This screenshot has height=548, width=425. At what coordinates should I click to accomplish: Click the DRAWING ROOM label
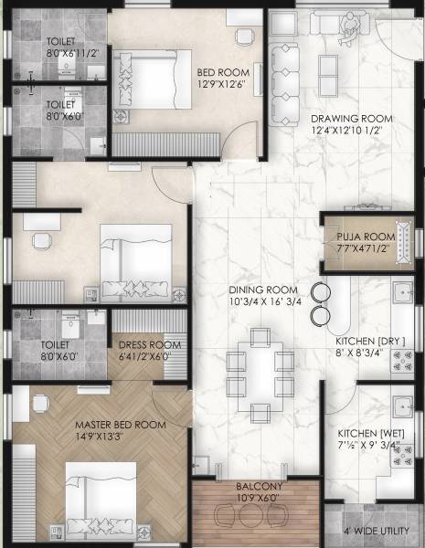[351, 119]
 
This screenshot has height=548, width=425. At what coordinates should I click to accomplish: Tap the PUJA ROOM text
[363, 236]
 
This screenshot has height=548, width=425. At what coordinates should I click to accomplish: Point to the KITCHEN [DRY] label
[370, 341]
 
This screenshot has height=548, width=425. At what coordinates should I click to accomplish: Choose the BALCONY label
[259, 487]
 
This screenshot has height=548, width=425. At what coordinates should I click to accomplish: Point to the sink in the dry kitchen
[400, 293]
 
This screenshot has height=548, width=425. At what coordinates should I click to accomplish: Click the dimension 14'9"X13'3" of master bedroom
[120, 437]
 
